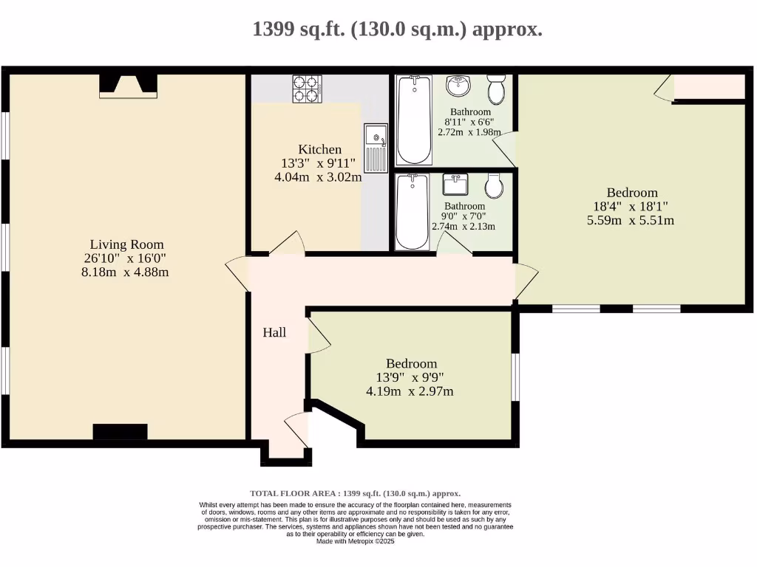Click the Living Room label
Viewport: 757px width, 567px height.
point(126,244)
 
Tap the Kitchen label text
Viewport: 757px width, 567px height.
point(319,149)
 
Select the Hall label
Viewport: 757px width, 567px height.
point(274,333)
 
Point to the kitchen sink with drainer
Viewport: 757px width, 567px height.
point(376,148)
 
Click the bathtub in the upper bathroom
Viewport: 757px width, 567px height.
point(414,119)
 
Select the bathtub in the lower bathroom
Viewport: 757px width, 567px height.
point(412,212)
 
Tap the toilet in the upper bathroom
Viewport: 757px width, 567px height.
point(497,89)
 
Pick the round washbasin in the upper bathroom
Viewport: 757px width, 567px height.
point(460,86)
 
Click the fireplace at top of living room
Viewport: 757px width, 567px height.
point(128,86)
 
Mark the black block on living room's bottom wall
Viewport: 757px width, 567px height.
point(120,433)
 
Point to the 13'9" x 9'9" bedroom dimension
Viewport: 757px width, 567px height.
point(410,377)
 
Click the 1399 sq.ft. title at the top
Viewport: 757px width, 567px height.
point(397,30)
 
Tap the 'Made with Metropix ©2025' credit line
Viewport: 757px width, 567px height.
point(356,541)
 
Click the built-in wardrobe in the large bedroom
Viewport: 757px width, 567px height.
point(708,86)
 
